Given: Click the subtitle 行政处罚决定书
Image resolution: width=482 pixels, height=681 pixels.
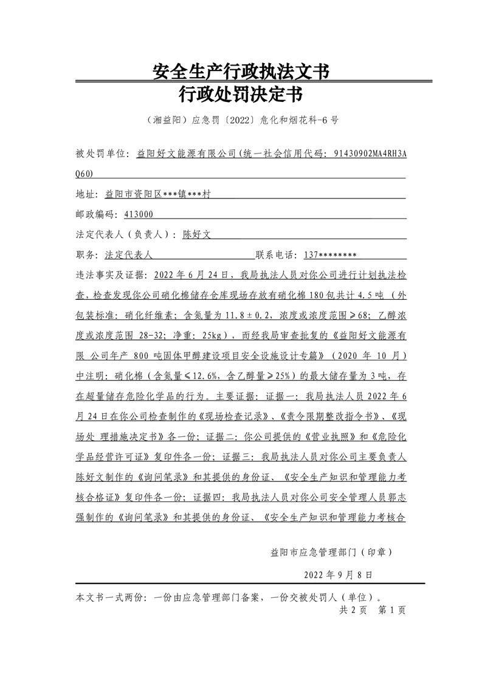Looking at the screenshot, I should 241,95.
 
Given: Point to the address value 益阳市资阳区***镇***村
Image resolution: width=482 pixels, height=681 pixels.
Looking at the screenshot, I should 158,194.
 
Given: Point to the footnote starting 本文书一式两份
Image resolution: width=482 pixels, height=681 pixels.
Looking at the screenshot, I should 231,596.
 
